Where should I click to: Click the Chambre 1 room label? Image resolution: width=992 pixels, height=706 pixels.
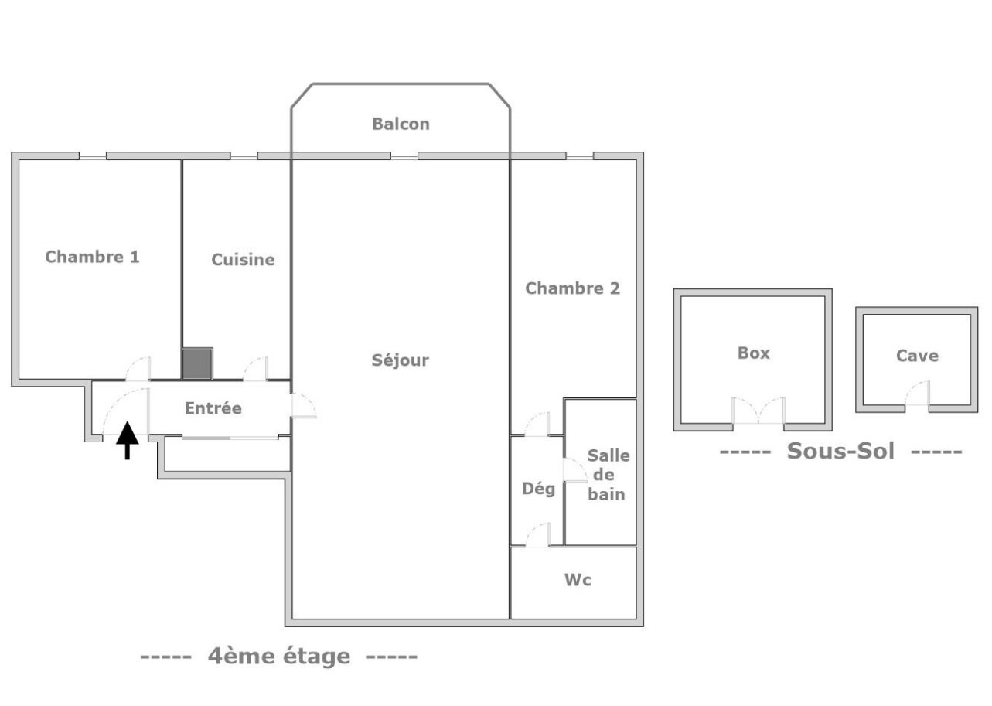(x=92, y=257)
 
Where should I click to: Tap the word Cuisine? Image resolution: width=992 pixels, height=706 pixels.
(x=243, y=260)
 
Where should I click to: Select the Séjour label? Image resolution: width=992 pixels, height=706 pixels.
(x=400, y=360)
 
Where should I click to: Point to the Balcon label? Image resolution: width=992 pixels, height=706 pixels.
(x=401, y=124)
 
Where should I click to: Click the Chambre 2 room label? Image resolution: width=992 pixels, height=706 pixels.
(x=572, y=288)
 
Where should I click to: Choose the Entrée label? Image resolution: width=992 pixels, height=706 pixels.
(x=213, y=408)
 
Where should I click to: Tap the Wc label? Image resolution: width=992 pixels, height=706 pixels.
(x=578, y=580)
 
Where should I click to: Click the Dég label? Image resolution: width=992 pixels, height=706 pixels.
(x=538, y=489)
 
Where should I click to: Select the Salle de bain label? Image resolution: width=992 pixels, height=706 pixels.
(x=608, y=475)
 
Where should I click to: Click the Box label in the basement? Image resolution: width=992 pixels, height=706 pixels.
(x=754, y=353)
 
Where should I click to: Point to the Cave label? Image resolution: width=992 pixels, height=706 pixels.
(x=917, y=356)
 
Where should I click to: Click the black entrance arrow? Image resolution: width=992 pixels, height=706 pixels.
(x=128, y=440)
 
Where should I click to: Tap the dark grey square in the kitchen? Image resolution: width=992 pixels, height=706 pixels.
(x=197, y=364)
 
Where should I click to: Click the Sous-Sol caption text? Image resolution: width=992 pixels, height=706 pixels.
(x=841, y=452)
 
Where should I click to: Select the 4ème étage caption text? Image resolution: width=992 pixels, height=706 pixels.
(x=279, y=657)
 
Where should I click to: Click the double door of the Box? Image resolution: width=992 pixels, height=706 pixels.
(x=758, y=411)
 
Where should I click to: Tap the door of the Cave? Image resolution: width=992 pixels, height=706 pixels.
(x=917, y=394)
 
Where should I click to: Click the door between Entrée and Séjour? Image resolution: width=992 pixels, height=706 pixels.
(x=304, y=405)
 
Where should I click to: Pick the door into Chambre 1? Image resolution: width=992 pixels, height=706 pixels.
(x=138, y=369)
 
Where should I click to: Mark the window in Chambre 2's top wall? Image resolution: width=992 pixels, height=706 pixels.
(x=580, y=156)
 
